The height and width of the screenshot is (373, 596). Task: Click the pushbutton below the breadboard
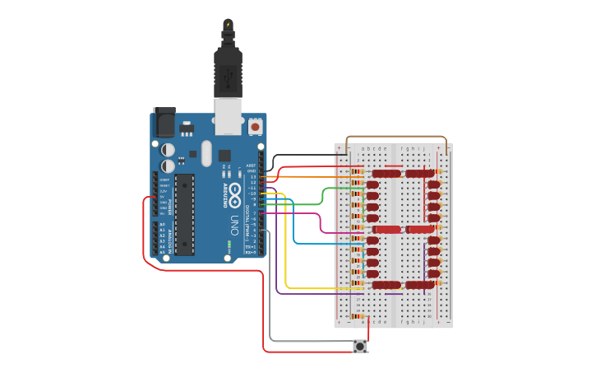(x=359, y=347)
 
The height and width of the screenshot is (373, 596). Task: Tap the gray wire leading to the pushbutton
(x=270, y=313)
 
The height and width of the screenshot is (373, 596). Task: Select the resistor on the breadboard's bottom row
(x=355, y=316)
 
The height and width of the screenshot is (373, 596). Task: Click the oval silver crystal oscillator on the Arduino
(x=206, y=153)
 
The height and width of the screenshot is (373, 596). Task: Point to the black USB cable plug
(x=228, y=70)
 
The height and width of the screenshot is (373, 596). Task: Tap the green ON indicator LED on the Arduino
(x=226, y=243)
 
